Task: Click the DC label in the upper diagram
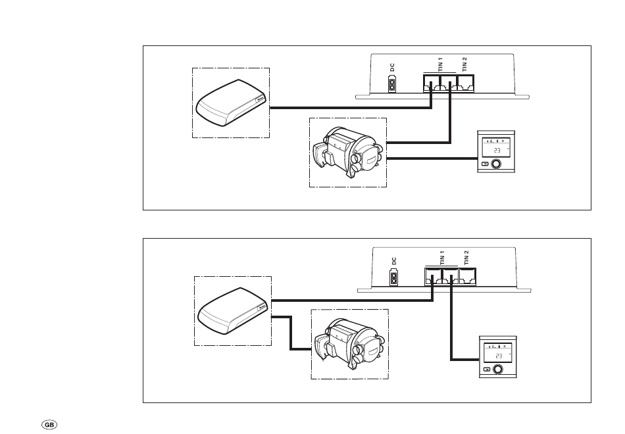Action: (x=392, y=67)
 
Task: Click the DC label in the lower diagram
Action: (x=394, y=262)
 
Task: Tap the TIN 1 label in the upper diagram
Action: (x=440, y=64)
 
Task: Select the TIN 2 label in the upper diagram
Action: (x=464, y=64)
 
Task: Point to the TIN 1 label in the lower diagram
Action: (x=443, y=258)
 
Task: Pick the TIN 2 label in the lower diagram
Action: (x=466, y=258)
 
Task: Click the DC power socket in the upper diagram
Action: (x=393, y=85)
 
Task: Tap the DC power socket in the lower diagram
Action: (x=394, y=278)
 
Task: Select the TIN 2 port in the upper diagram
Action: (x=465, y=84)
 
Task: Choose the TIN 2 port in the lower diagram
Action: (x=467, y=277)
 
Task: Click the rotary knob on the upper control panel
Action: (x=496, y=164)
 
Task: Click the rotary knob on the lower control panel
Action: (x=498, y=370)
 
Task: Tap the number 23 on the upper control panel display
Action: (x=497, y=151)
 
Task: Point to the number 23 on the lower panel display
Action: (x=499, y=356)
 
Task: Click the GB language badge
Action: (x=49, y=425)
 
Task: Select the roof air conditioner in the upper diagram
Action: (x=231, y=103)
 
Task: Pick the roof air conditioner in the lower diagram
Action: (x=232, y=311)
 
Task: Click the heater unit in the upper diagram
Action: (x=348, y=153)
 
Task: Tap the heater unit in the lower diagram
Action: (x=350, y=344)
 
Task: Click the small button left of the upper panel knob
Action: (x=485, y=164)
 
